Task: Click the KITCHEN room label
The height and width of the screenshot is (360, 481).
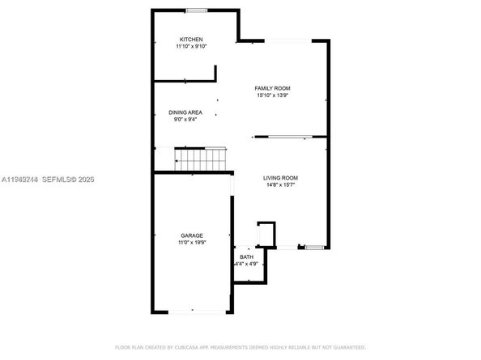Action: point(191,40)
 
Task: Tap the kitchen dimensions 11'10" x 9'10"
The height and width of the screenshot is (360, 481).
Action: point(191,47)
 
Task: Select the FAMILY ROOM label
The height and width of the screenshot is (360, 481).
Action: point(272,88)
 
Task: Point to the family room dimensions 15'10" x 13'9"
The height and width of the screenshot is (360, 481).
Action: point(272,95)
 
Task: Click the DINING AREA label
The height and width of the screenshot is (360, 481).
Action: point(185,112)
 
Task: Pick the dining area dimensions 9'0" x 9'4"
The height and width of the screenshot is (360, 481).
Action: point(185,120)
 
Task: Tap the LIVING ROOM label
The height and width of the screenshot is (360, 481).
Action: point(280,178)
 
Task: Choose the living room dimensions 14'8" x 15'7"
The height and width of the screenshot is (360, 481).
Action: point(280,185)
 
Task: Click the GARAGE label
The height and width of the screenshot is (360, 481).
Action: point(191,235)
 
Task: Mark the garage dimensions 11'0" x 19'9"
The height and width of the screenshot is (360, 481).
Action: point(191,243)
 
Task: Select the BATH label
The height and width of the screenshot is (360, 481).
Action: point(246,256)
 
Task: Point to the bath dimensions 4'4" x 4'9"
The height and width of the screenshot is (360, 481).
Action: point(246,264)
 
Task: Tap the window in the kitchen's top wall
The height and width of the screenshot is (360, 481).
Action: point(195,11)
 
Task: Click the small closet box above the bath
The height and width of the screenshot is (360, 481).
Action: point(266,234)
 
